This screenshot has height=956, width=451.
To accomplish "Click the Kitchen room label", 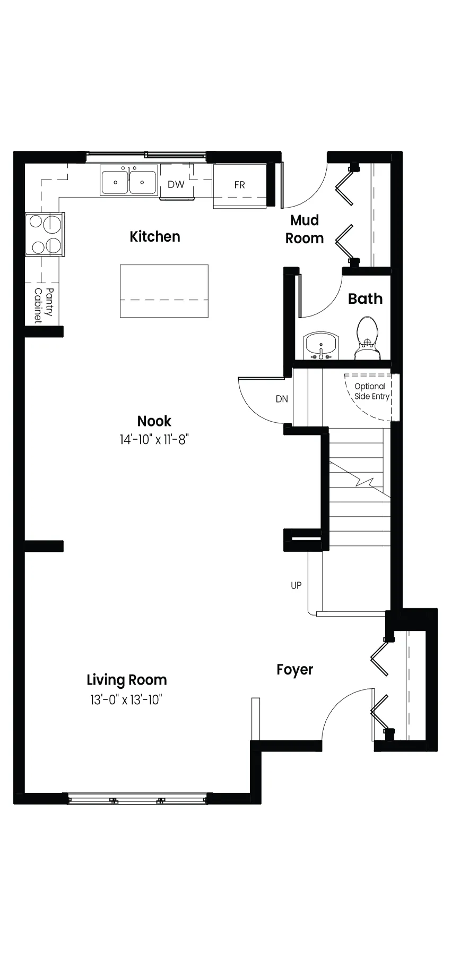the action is pyautogui.click(x=155, y=236).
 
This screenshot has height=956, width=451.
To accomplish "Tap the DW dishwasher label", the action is pyautogui.click(x=176, y=184).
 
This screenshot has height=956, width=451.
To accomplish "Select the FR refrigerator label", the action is pyautogui.click(x=239, y=185).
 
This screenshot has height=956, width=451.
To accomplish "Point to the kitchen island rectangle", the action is pyautogui.click(x=164, y=291).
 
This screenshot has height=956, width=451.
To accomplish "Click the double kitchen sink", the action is pyautogui.click(x=129, y=181).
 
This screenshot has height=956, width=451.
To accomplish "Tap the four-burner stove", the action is pyautogui.click(x=45, y=234).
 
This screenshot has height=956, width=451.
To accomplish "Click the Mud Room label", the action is pyautogui.click(x=305, y=229).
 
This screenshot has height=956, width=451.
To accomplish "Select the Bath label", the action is pyautogui.click(x=365, y=298).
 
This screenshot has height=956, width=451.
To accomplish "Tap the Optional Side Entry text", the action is pyautogui.click(x=371, y=391).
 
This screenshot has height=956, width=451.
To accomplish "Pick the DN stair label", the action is pyautogui.click(x=282, y=399).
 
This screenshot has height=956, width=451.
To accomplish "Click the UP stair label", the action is pyautogui.click(x=296, y=585).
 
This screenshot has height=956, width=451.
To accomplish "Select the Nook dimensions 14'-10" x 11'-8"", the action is pyautogui.click(x=154, y=440).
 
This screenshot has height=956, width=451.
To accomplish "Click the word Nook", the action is pyautogui.click(x=154, y=421).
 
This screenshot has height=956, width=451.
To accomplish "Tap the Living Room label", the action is pyautogui.click(x=127, y=680).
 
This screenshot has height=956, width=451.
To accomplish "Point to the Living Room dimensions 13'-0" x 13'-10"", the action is pyautogui.click(x=126, y=699).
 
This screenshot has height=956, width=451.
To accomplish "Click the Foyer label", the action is pyautogui.click(x=294, y=670).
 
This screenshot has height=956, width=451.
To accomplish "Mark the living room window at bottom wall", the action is pyautogui.click(x=137, y=798).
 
